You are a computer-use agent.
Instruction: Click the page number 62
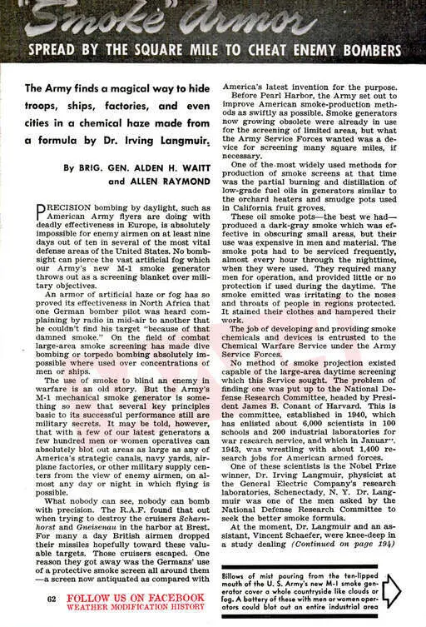click(x=52, y=599)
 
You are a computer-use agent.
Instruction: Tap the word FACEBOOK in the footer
click(x=169, y=599)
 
